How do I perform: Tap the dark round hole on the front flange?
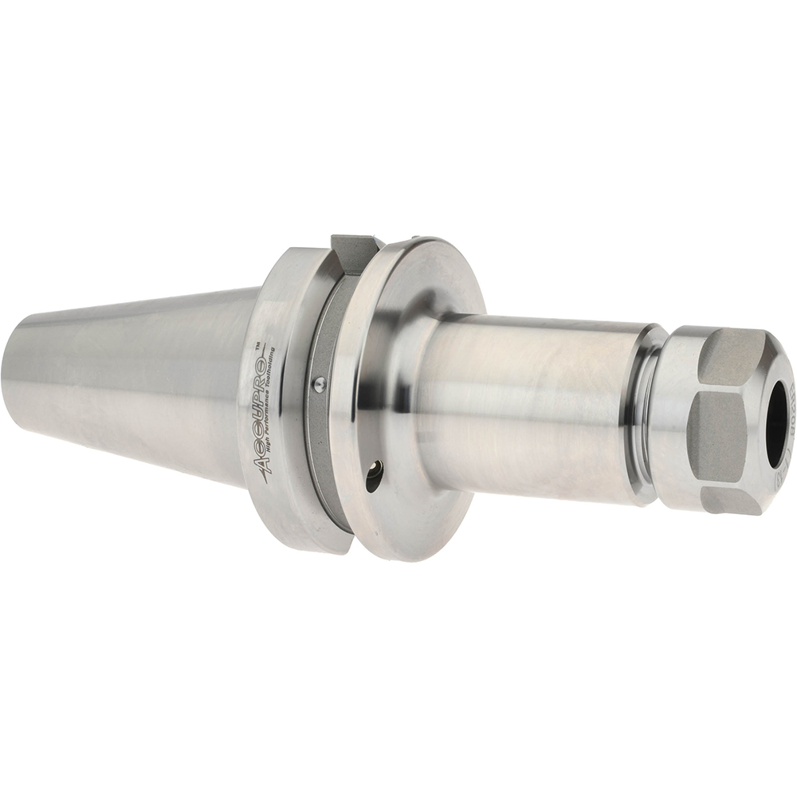[373, 476]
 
